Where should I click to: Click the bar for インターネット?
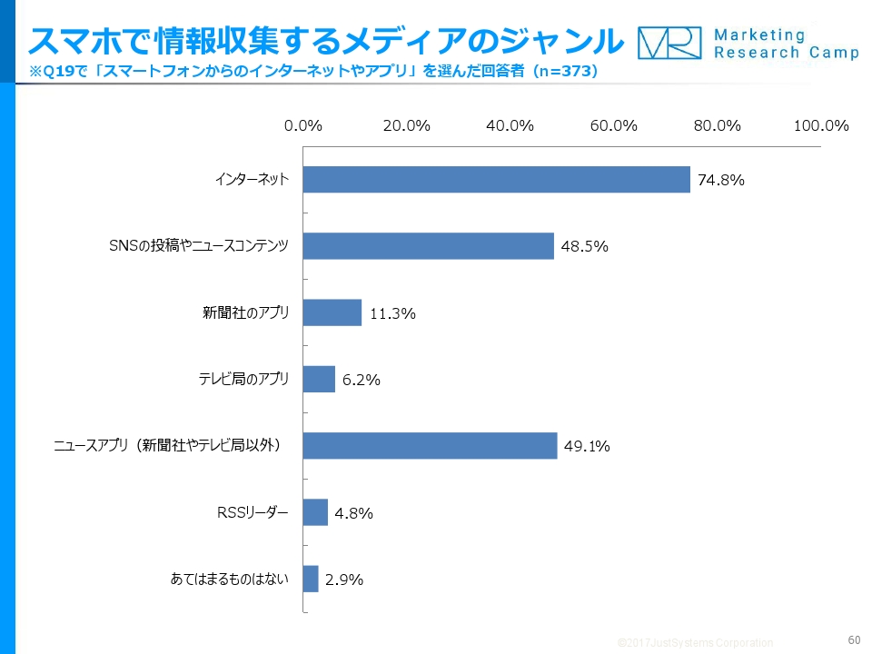tap(496, 180)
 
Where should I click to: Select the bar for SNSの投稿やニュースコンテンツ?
tap(428, 246)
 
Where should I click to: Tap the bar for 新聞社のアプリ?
tap(332, 312)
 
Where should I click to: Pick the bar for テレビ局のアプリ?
tap(319, 380)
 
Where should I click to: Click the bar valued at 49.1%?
tap(430, 446)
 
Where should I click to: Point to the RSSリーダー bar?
tap(315, 512)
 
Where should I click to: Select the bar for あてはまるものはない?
tap(311, 580)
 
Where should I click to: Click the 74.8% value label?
tap(721, 180)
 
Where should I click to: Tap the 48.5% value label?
tap(584, 246)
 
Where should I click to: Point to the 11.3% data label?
tap(392, 313)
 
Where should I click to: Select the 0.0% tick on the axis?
tap(303, 126)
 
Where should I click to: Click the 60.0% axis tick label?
tap(613, 126)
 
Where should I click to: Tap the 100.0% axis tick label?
tap(821, 126)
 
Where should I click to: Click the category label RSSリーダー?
tap(252, 512)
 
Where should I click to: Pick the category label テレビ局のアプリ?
tap(243, 380)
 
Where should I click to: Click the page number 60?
tap(853, 639)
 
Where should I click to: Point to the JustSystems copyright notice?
tap(695, 642)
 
